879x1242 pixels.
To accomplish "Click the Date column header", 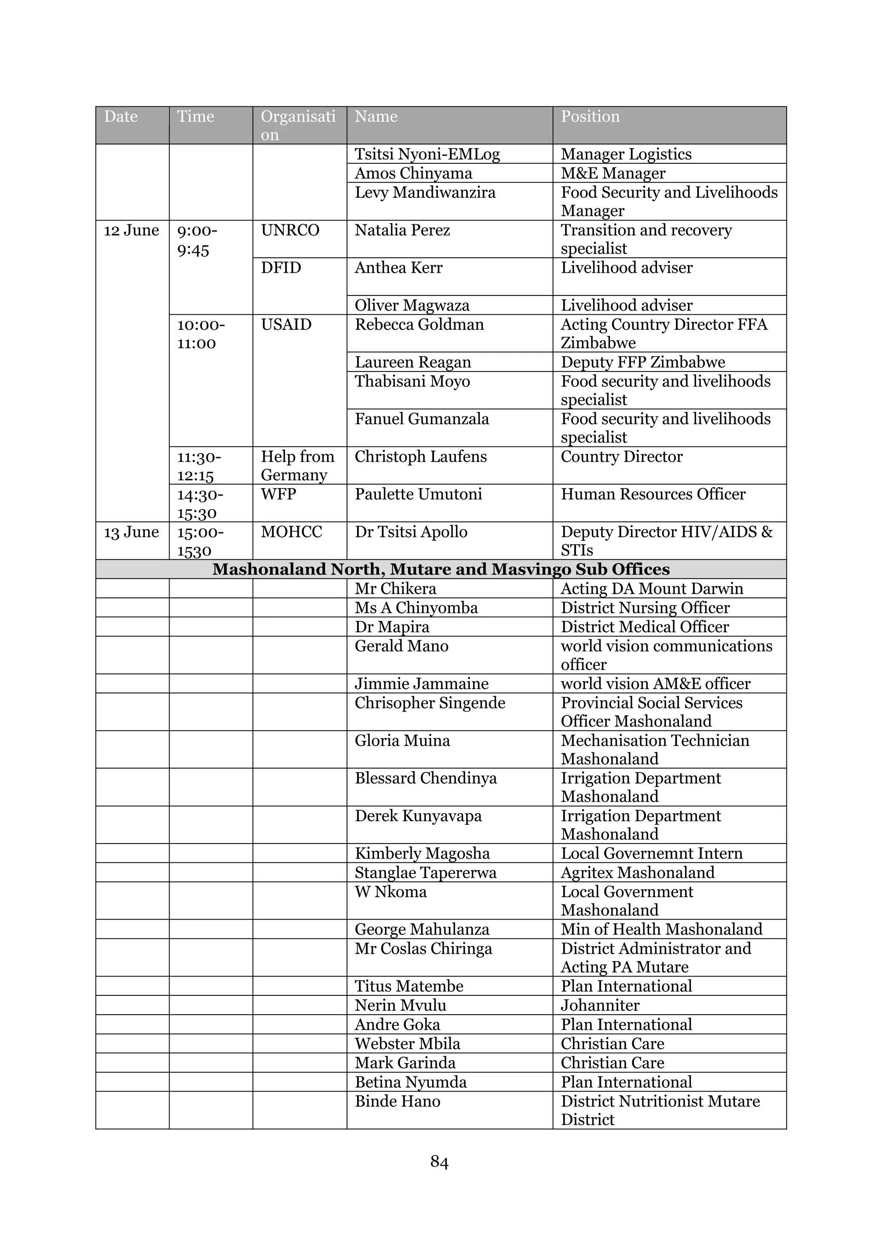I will click(121, 117).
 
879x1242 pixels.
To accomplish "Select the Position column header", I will click(590, 117).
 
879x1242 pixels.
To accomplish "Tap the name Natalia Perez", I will click(402, 230).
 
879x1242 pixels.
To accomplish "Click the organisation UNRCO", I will click(290, 230).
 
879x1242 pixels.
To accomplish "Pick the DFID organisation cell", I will click(281, 268).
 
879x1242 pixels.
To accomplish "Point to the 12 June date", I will click(131, 230).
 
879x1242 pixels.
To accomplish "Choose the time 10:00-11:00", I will click(201, 334).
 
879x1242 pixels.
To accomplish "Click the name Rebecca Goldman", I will click(419, 325).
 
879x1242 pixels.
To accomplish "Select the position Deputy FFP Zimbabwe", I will click(643, 362).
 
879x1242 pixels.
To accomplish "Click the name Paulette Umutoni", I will click(418, 494).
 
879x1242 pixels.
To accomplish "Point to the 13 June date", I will click(131, 532).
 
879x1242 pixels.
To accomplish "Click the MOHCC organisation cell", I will click(291, 532).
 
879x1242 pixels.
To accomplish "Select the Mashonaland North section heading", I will click(441, 569).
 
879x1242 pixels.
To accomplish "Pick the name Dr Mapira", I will click(392, 627).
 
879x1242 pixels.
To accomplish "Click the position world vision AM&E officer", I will click(655, 683).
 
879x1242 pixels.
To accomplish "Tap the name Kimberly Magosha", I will click(422, 853).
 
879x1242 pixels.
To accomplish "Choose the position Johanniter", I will click(600, 1005).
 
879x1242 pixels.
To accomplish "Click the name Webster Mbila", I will click(408, 1043).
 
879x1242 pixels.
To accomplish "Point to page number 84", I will click(439, 1161).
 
